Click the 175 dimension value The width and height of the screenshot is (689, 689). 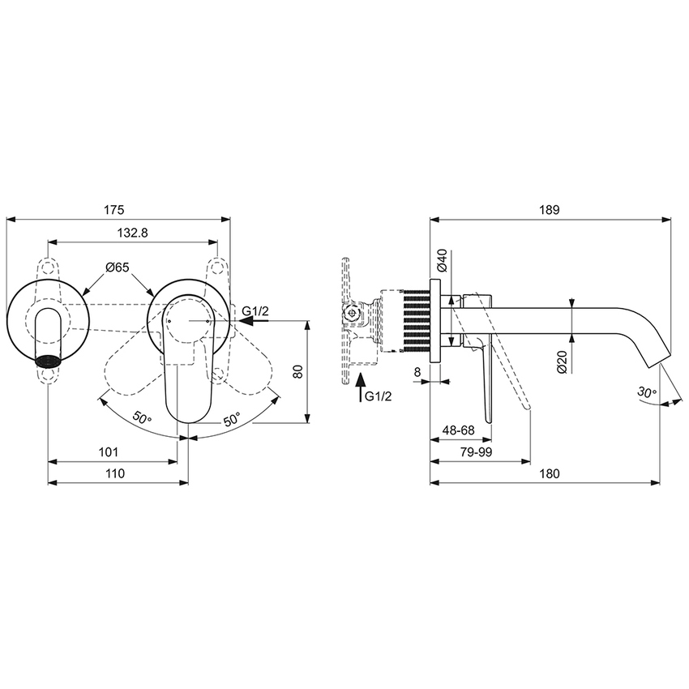click(113, 209)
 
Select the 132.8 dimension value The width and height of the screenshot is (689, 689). click(132, 233)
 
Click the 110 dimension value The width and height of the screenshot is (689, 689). click(114, 473)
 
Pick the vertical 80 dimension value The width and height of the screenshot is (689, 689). click(297, 371)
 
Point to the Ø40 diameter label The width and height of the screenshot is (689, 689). click(442, 260)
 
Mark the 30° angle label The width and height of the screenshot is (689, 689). click(647, 392)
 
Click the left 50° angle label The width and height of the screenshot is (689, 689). click(143, 419)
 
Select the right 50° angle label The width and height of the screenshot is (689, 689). click(232, 419)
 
